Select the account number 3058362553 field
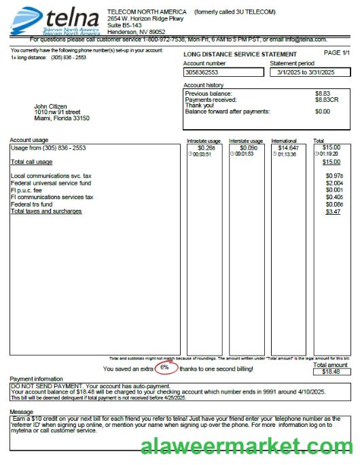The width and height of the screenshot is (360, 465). (224, 72)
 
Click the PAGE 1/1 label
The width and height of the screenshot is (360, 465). (337, 53)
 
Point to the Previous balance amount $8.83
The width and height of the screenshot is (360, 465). (323, 94)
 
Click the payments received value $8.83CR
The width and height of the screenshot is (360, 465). (326, 100)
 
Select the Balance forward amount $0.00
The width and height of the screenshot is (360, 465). (323, 111)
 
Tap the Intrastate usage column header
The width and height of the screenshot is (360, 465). (204, 141)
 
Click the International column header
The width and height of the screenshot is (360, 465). (284, 141)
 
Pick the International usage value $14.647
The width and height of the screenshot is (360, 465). (288, 148)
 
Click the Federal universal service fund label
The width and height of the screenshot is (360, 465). (51, 184)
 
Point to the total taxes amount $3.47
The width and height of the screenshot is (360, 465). (333, 212)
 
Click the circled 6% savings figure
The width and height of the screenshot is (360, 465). (164, 368)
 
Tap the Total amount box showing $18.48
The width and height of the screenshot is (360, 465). (331, 372)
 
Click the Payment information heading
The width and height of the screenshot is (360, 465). (36, 379)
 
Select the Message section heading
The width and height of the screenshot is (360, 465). (21, 412)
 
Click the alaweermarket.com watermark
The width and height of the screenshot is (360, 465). (247, 447)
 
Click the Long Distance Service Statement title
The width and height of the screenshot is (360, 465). (240, 54)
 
